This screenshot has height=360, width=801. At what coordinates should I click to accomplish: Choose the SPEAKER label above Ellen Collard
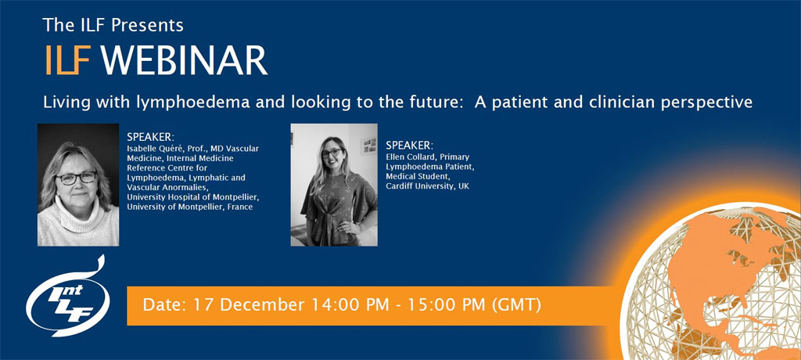(409, 146)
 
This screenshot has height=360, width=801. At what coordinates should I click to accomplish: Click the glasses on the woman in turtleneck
(76, 178)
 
